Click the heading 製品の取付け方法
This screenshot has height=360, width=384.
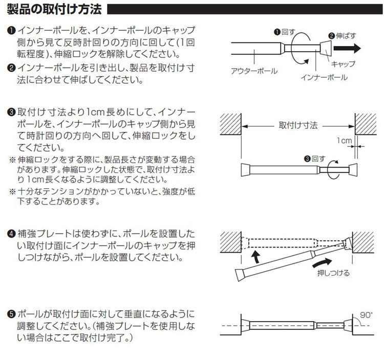pyautogui.click(x=54, y=9)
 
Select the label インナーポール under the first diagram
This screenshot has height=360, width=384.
pyautogui.click(x=323, y=77)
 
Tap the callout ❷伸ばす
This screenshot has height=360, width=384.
pyautogui.click(x=345, y=35)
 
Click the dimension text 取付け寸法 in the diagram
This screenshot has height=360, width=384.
pyautogui.click(x=299, y=125)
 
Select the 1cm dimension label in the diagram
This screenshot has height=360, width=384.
pyautogui.click(x=344, y=140)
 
